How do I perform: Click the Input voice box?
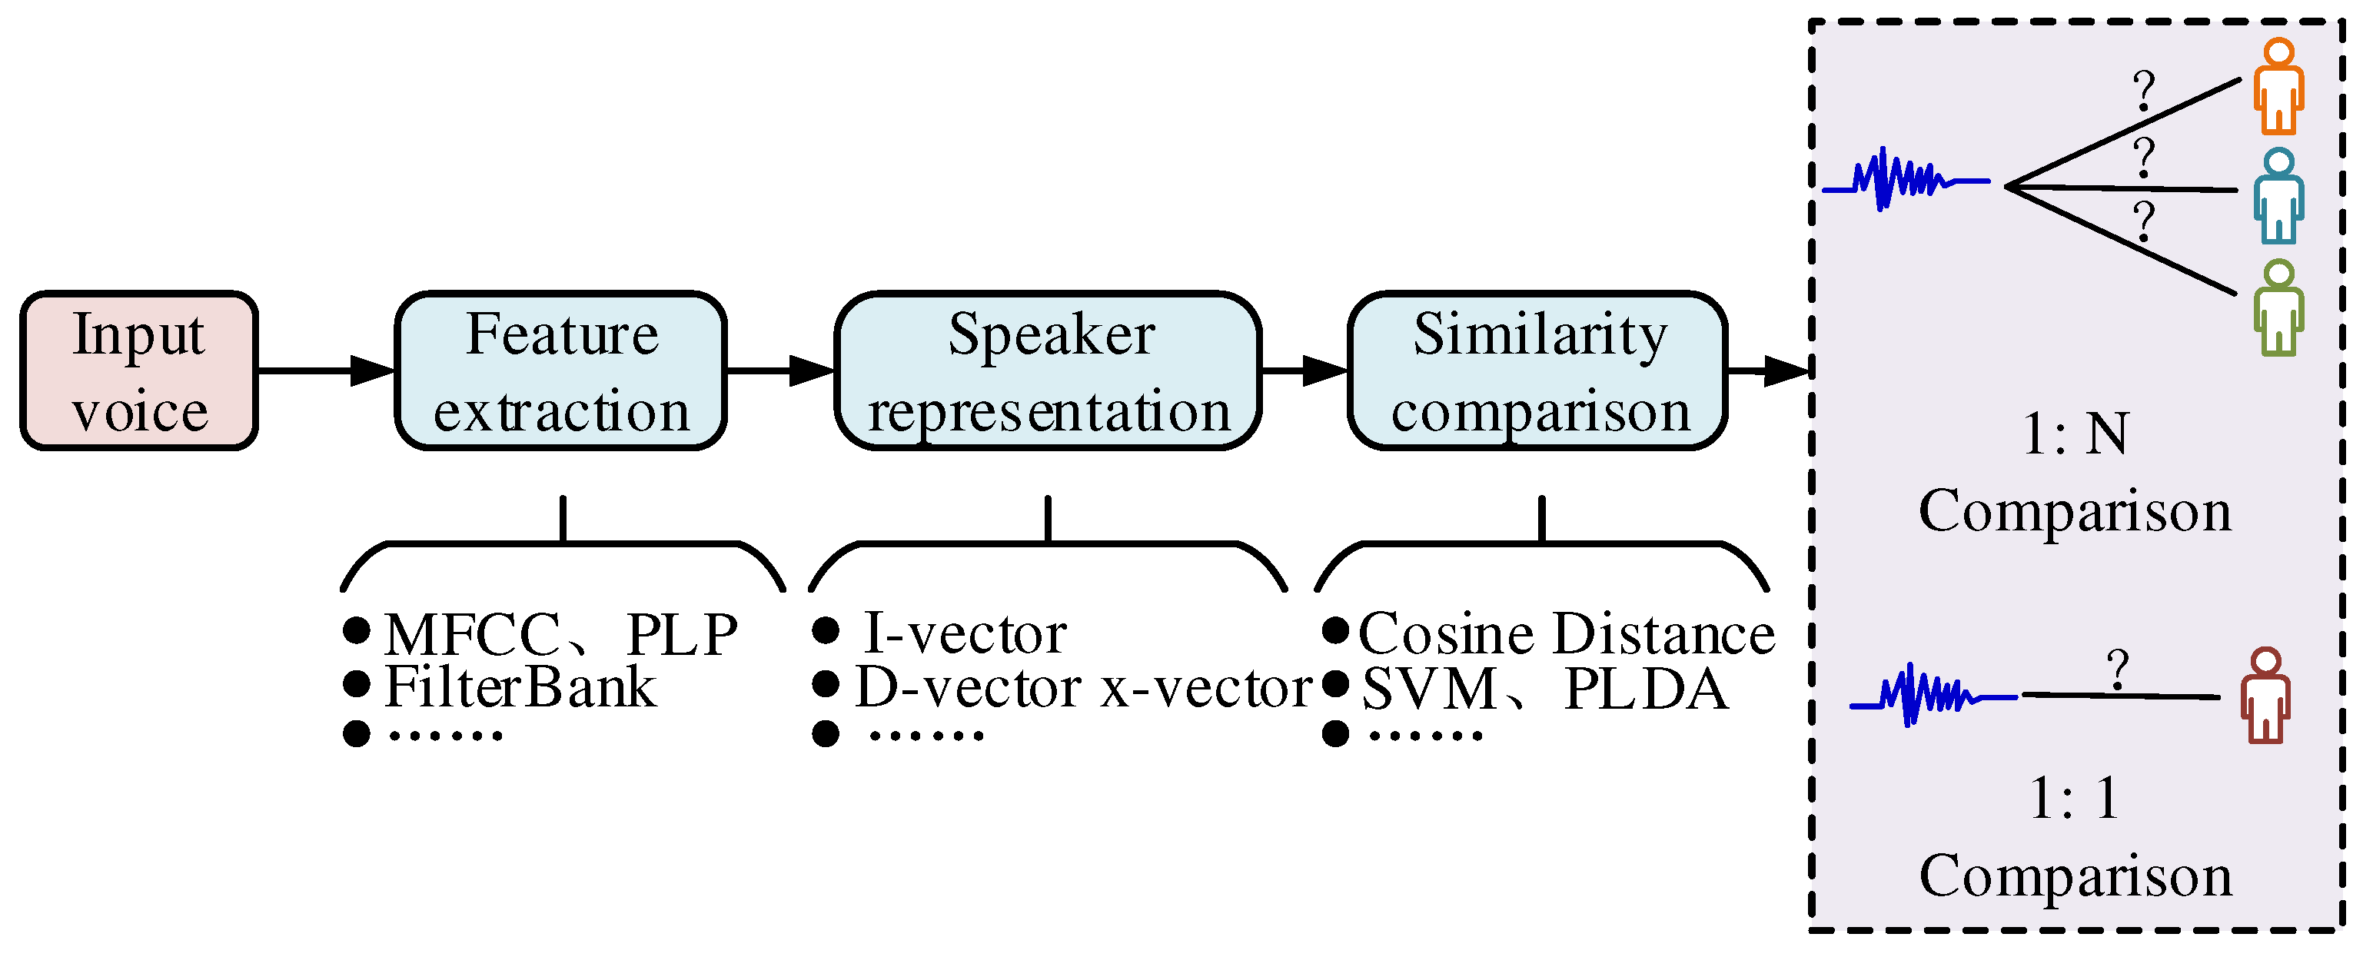pos(139,371)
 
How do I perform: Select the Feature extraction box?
pos(560,371)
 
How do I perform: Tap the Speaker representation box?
pos(1048,371)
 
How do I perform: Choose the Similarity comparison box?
pos(1537,371)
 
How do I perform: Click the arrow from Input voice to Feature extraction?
pos(326,371)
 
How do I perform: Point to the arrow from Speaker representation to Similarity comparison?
pos(1304,371)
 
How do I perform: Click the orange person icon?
pos(2278,87)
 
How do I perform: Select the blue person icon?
pos(2278,198)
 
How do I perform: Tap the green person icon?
pos(2278,308)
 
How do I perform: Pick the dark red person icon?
pos(2266,696)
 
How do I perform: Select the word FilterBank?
pos(520,687)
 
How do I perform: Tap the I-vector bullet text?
pos(965,633)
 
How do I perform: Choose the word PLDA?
pos(1646,689)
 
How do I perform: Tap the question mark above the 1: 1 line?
pos(2117,670)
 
